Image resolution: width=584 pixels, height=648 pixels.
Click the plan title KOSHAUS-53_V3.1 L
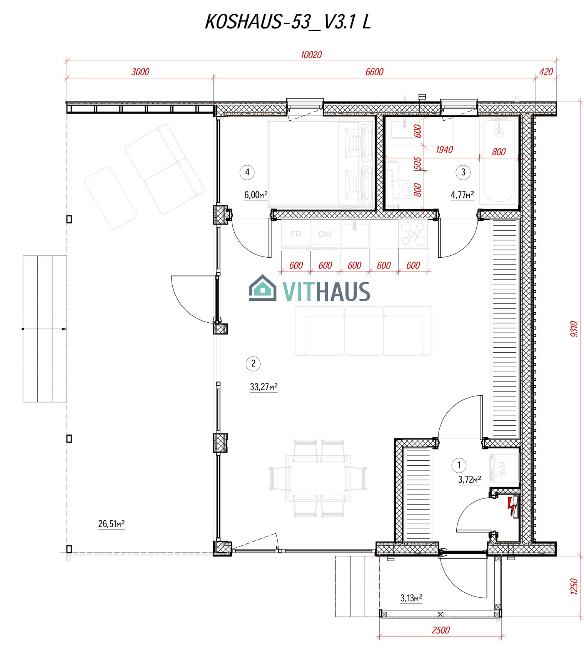pos(288,22)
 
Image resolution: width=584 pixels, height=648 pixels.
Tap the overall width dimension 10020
pos(311,55)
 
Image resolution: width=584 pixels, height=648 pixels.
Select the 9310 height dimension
pos(574,329)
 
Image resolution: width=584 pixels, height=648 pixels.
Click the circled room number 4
pos(247,172)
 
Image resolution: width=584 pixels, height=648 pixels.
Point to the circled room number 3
pos(463,172)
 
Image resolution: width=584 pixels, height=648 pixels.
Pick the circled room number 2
pos(253,363)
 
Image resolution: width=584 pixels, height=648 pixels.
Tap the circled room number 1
pos(459,465)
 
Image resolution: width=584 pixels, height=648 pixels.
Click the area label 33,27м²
pos(264,387)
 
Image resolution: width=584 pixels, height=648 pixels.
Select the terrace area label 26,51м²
pos(112,524)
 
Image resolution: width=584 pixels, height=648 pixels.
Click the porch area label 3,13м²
pos(411,598)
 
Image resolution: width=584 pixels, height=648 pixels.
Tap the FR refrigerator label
pos(296,234)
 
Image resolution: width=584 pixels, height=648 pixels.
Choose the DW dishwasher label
pos(325,234)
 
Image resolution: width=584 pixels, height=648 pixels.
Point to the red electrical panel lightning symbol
pos(511,506)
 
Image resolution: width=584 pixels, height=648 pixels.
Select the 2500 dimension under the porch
pos(441,630)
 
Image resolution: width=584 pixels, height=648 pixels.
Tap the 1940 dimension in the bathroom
pos(444,150)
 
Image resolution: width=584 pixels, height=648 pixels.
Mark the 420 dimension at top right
pos(546,72)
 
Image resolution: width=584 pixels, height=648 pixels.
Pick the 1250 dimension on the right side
pos(574,586)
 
